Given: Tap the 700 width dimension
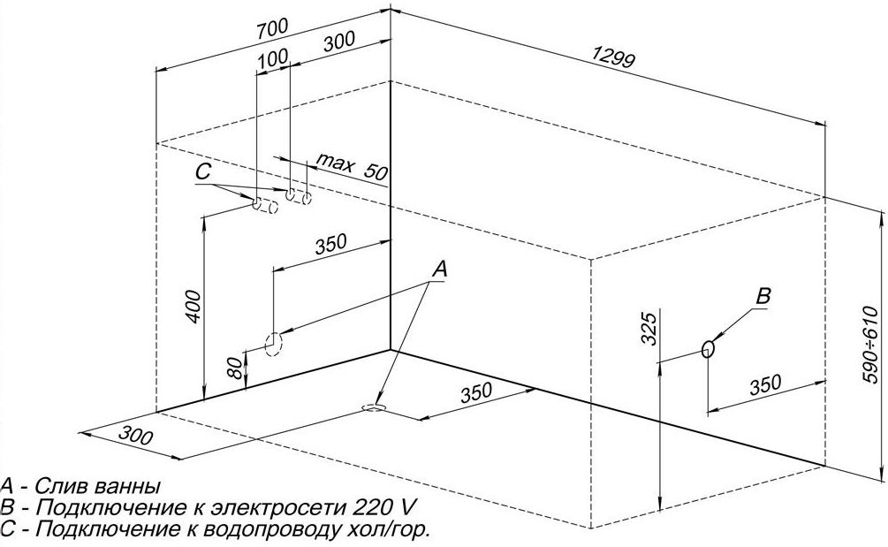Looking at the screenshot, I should [x=271, y=27].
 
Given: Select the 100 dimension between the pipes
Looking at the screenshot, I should [x=275, y=57].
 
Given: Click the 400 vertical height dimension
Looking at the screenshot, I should [x=195, y=306].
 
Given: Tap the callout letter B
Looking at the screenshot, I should [x=765, y=297].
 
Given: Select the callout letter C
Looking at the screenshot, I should [x=203, y=170].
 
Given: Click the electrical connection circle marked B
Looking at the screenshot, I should [x=707, y=348].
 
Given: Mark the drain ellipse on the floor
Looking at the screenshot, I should [x=373, y=407].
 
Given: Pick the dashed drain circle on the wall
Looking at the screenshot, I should [x=274, y=342].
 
